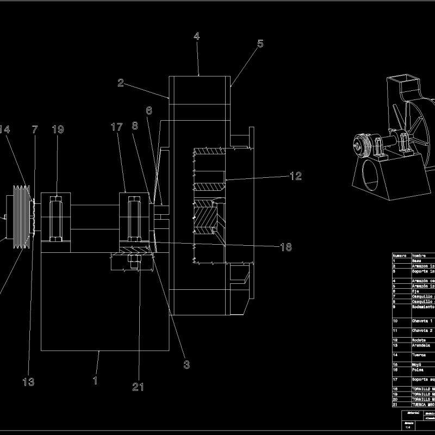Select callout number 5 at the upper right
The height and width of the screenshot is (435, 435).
260,43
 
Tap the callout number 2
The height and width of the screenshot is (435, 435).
121,83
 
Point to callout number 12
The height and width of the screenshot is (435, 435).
295,176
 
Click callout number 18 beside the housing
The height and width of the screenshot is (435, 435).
285,247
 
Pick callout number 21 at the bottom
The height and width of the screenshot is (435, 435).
139,387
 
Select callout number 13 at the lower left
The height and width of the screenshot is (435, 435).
28,382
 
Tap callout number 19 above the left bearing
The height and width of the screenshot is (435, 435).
58,129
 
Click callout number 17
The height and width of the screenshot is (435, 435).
116,127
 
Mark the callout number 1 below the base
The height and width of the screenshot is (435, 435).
95,381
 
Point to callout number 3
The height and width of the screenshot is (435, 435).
187,365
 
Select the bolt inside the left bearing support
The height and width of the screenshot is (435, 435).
56,220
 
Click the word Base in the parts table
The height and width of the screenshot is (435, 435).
417,260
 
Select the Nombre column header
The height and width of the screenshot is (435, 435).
419,255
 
